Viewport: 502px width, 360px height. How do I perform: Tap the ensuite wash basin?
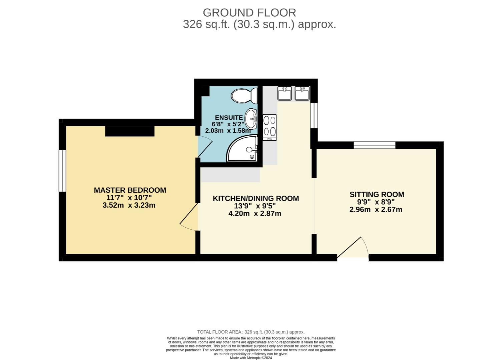251,119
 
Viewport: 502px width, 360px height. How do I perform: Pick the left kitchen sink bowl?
285,93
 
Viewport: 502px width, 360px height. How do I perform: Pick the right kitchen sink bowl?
302,93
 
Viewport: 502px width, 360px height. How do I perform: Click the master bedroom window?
62,171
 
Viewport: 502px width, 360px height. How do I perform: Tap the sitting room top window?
374,145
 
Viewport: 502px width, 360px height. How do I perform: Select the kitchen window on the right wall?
314,115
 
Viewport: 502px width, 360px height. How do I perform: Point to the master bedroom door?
189,217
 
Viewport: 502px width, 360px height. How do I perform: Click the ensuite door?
204,147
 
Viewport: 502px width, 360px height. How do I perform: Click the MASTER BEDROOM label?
130,190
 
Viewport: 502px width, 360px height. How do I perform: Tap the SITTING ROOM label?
377,194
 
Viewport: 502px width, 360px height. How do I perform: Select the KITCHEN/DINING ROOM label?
256,198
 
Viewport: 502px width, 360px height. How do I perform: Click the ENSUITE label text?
228,117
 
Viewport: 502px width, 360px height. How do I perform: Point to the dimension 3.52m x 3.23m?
129,205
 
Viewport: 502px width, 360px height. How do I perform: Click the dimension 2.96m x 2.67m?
376,210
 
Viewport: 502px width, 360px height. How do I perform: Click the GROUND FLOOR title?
249,13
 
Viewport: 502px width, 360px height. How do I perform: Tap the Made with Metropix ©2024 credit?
251,358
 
